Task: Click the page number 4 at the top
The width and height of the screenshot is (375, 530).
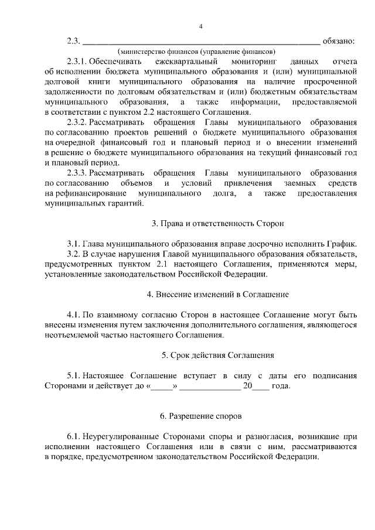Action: [x=200, y=26]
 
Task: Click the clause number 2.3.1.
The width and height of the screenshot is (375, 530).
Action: [x=77, y=61]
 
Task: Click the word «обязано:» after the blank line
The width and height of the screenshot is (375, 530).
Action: [x=339, y=41]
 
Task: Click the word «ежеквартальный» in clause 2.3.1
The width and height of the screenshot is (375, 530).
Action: [x=187, y=61]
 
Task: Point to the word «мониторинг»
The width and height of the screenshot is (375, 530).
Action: [x=255, y=61]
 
